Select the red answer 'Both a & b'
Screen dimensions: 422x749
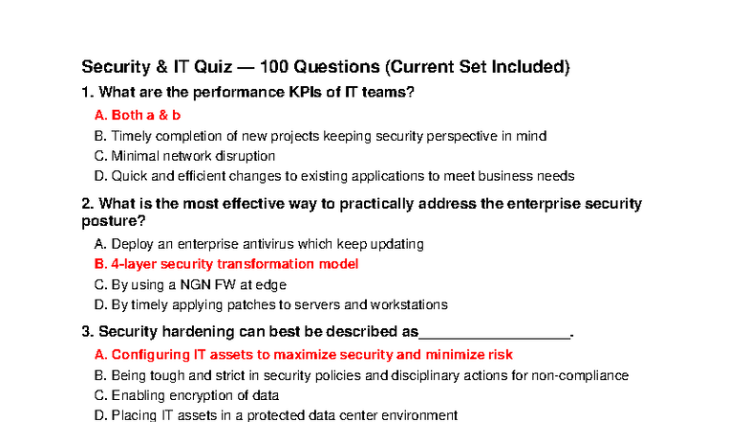138,115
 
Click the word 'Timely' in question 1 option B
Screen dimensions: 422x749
132,136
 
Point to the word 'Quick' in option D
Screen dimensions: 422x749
130,176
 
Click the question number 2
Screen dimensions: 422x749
87,204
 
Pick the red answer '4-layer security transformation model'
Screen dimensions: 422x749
225,264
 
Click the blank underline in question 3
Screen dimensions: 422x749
494,332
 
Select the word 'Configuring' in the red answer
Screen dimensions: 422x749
151,354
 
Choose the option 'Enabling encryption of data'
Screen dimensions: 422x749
187,395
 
